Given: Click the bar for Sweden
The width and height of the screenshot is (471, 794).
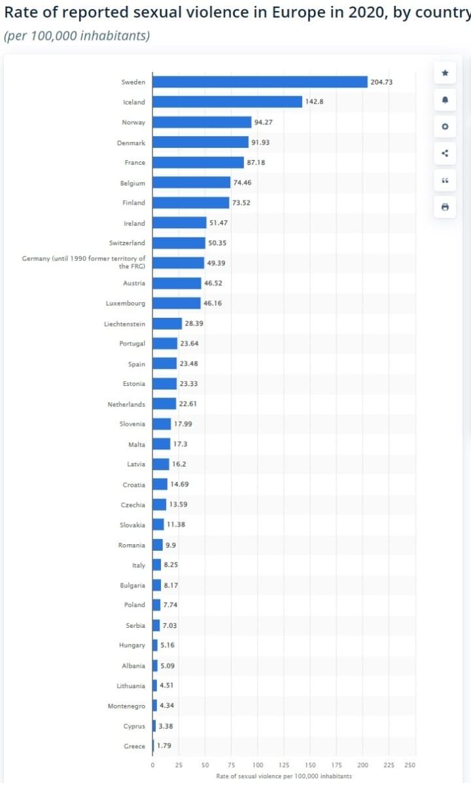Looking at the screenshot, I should click(260, 82).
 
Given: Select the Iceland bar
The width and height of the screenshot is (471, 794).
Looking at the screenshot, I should click(227, 102).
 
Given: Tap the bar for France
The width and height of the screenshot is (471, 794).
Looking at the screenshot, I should click(198, 162).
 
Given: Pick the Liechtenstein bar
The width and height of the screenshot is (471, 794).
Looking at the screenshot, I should click(167, 324).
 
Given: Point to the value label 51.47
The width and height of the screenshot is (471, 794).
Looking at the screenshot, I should click(218, 223).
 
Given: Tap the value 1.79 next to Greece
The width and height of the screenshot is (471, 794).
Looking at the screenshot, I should click(164, 746).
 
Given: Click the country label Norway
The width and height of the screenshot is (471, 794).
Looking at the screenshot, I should click(133, 122).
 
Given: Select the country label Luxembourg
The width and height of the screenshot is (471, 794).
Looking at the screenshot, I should click(126, 303).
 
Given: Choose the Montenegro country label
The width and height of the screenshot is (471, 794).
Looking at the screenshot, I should click(126, 706).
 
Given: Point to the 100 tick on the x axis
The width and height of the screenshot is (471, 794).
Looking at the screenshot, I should click(258, 765).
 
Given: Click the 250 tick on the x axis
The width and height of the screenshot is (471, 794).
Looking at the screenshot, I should click(410, 765).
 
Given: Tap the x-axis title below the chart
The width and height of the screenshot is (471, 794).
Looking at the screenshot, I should click(284, 776).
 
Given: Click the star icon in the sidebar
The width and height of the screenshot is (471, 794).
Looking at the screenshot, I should click(445, 73).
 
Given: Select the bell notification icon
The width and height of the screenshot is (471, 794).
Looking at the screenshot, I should click(445, 99).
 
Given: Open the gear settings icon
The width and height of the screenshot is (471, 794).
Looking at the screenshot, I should click(445, 126).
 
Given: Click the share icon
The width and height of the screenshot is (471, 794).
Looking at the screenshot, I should click(445, 154).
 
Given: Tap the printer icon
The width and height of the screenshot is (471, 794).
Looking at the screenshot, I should click(445, 207).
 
